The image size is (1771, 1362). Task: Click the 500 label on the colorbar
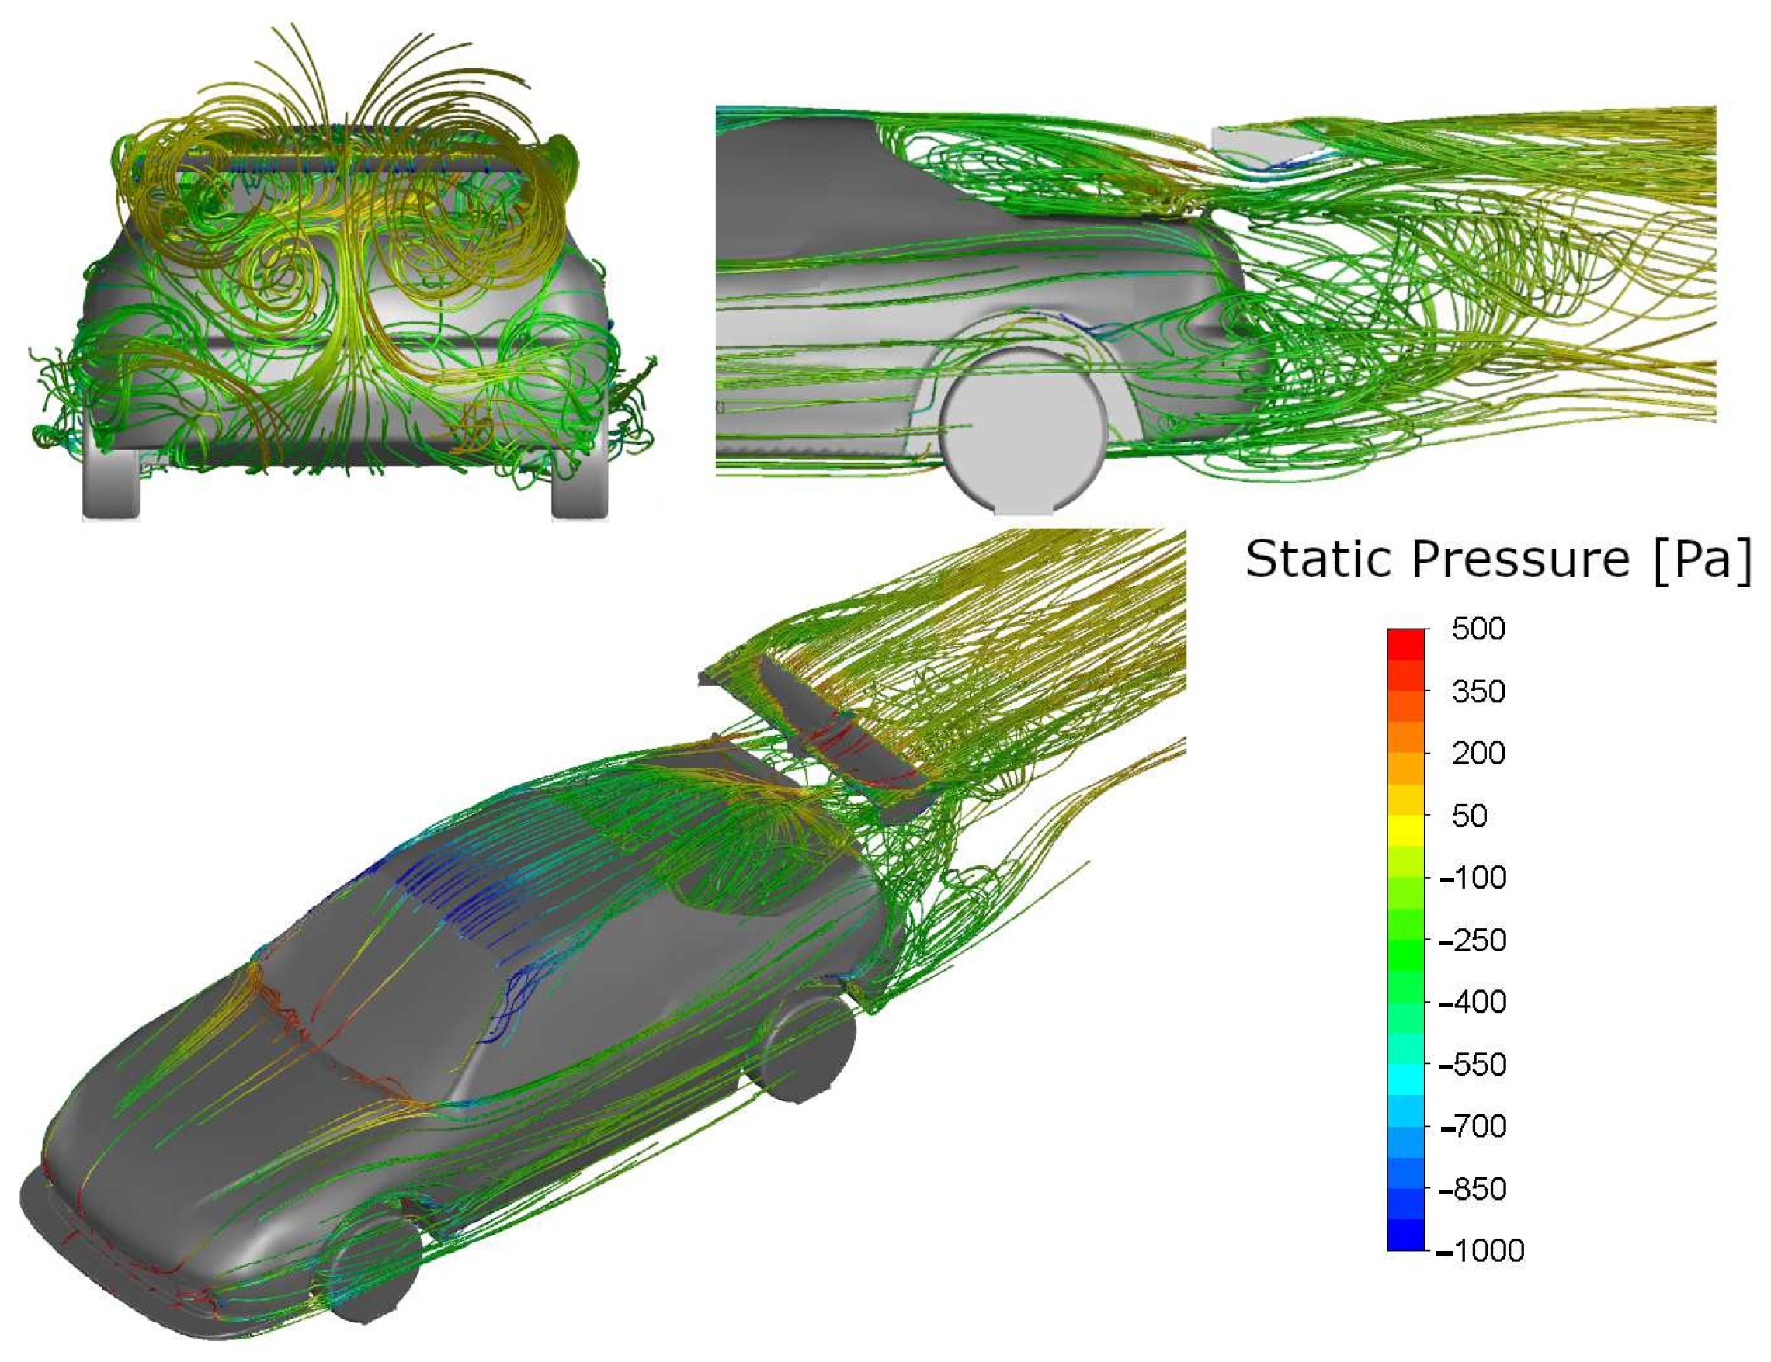(x=1478, y=630)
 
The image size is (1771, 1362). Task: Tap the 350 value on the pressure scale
(x=1478, y=691)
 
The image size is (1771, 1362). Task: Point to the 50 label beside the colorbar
(x=1469, y=816)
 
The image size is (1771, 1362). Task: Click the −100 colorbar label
(x=1473, y=878)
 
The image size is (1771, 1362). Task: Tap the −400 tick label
(x=1473, y=1003)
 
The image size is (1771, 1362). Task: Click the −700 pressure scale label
(x=1473, y=1127)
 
